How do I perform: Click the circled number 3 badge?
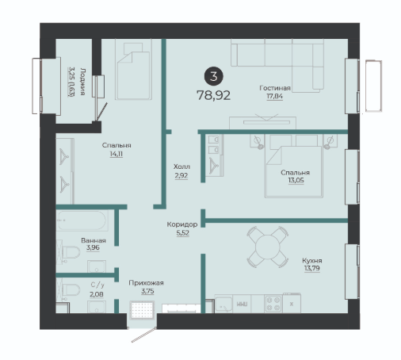tap(213, 76)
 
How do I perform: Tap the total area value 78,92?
tap(213, 95)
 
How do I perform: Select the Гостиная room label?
tap(275, 88)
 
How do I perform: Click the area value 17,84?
tap(274, 96)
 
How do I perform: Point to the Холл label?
tap(181, 167)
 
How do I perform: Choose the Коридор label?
tap(182, 224)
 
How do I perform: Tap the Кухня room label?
tap(312, 261)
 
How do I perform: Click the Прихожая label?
tap(146, 283)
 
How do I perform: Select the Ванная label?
tap(94, 240)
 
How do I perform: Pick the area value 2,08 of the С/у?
tap(97, 294)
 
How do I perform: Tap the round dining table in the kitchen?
tap(267, 247)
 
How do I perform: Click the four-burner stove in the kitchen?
tap(273, 304)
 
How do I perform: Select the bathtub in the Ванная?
tap(82, 220)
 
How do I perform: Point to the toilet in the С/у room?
tap(69, 289)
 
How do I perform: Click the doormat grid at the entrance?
tap(142, 310)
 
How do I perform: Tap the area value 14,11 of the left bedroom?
tap(116, 154)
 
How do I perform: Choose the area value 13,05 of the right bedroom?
tap(296, 180)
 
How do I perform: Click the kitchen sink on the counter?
tap(223, 304)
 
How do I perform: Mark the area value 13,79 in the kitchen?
tap(312, 268)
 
